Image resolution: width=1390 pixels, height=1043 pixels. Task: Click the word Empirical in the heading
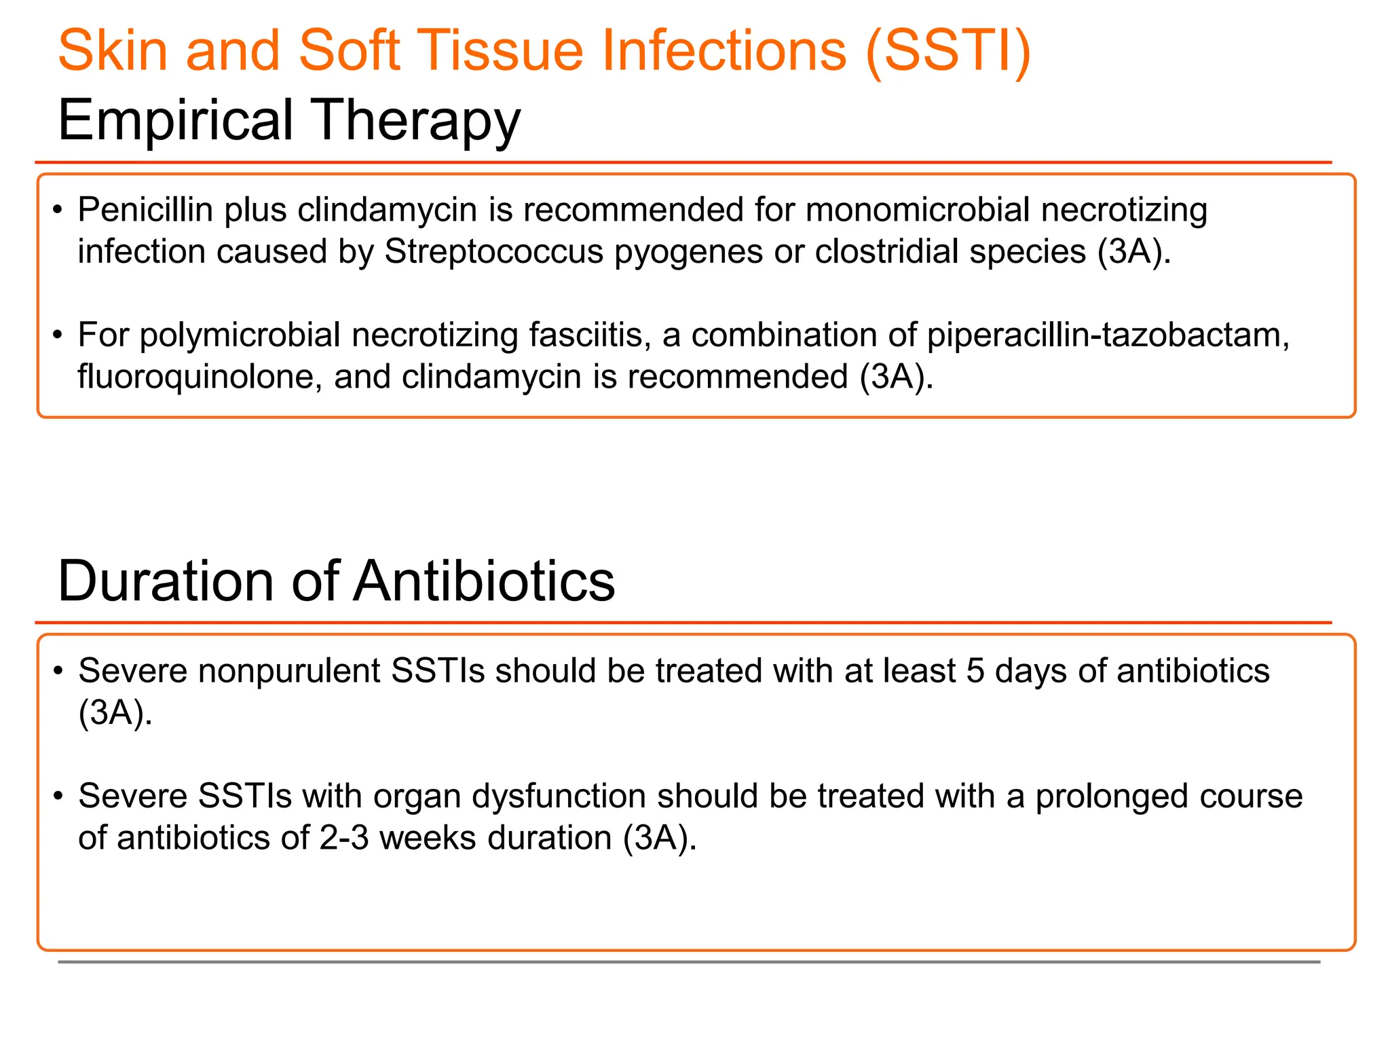pos(175,120)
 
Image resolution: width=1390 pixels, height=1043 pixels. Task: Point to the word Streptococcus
pos(493,251)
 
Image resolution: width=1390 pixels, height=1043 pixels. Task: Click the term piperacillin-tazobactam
pos(1108,335)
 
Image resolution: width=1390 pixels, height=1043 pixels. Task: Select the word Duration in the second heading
pos(165,581)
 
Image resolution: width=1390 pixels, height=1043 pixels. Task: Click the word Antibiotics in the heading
pos(484,581)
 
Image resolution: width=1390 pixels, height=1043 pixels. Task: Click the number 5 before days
pos(975,671)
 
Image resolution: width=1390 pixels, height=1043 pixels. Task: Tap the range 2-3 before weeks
pos(344,838)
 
